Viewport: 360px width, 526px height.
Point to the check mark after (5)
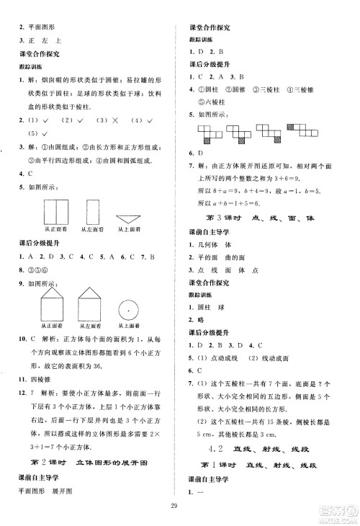[x=45, y=133]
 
